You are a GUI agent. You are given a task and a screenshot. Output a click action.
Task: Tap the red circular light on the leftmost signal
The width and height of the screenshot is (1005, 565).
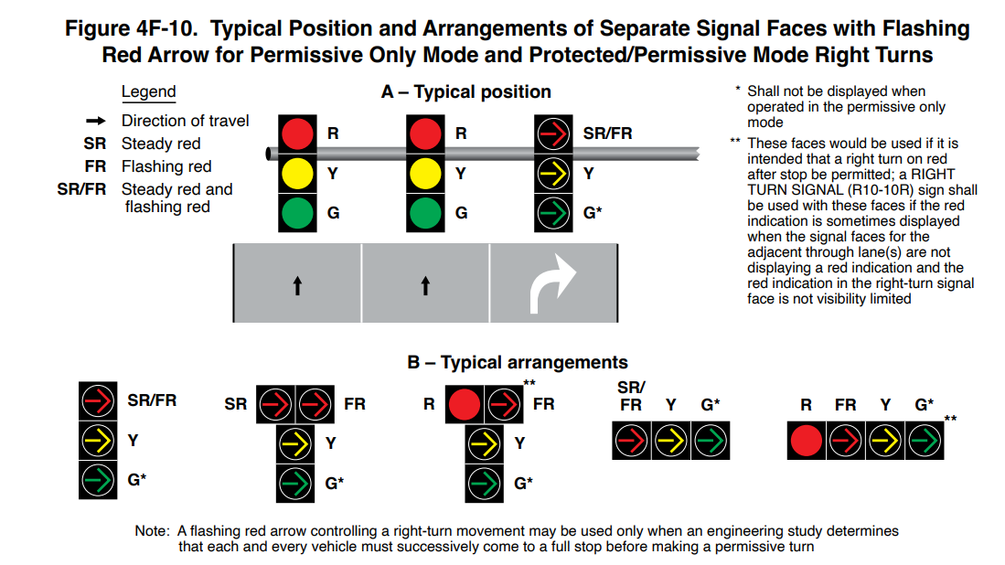point(296,133)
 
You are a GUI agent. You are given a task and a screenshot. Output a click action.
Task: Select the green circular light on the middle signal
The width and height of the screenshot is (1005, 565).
point(424,213)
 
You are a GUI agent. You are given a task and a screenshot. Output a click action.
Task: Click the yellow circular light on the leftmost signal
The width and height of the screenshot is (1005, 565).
point(296,173)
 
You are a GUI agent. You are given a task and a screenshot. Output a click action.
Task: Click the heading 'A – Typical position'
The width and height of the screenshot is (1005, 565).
point(465,92)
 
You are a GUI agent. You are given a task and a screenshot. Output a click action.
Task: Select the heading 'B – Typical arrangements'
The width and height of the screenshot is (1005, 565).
point(517,363)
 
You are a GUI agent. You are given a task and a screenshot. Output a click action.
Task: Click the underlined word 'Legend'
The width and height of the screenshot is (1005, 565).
point(148,92)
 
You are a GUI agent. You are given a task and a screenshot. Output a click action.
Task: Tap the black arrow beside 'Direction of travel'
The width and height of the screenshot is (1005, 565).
point(96,121)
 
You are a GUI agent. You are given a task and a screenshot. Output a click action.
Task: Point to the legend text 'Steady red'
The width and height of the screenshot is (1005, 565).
point(161,144)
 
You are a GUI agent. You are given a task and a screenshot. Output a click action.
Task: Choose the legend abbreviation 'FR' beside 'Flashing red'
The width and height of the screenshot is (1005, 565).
point(95,166)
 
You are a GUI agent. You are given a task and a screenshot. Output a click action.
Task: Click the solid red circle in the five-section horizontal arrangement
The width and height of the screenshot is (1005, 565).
point(807,441)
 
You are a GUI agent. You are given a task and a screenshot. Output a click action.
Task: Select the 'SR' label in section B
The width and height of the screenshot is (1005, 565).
point(236,403)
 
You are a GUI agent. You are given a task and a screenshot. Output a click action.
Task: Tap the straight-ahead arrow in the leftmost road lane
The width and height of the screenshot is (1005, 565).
point(297,286)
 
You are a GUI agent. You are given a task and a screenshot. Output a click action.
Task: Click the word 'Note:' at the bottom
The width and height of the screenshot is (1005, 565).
point(152,531)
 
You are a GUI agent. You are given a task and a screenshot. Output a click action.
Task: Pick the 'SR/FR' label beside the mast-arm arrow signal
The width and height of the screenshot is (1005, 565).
point(607,133)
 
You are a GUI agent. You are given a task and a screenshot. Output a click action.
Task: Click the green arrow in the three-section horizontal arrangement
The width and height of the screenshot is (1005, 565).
point(708,441)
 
